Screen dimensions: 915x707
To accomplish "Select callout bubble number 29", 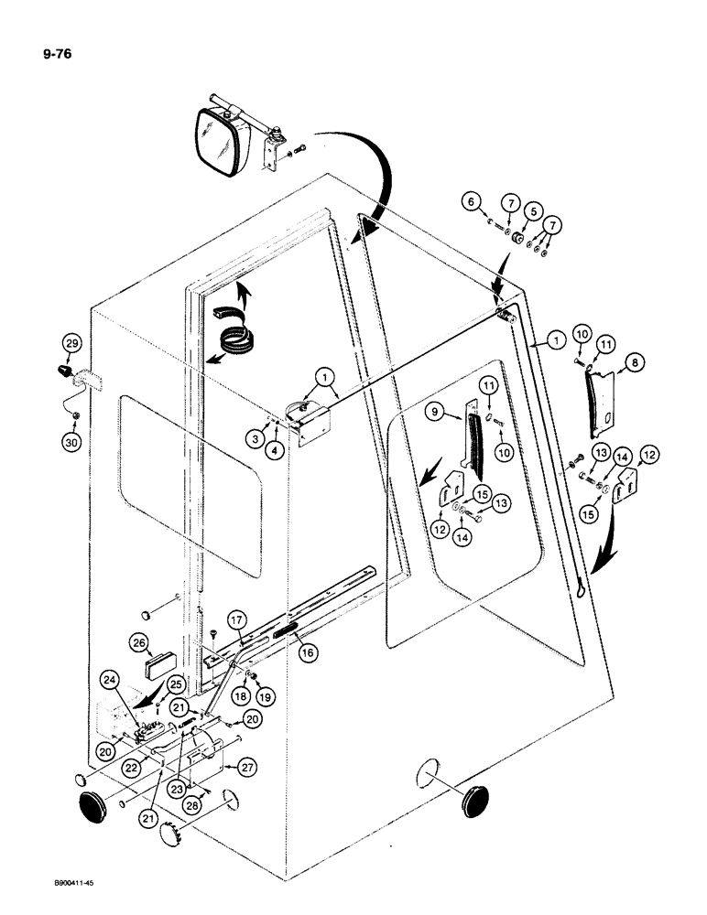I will (x=71, y=344).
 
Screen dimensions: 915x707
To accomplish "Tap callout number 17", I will (x=234, y=620).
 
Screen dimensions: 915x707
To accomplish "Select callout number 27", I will (x=245, y=765).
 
